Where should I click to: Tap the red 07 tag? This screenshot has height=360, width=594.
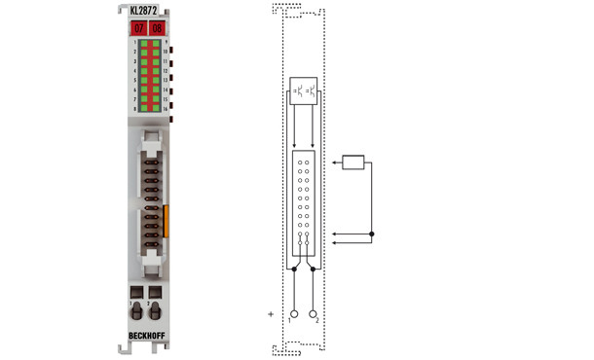[x=138, y=28]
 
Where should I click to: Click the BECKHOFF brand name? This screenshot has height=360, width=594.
[x=148, y=337]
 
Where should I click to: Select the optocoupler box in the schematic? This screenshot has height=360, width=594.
[x=303, y=91]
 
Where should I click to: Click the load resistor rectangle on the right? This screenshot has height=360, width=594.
[x=353, y=162]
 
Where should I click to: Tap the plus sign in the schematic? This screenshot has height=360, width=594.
[x=271, y=314]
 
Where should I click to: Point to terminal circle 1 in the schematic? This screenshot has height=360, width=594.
[x=293, y=314]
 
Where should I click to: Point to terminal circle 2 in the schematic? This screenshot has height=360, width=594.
[x=314, y=314]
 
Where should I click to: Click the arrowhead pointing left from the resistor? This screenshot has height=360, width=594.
[x=334, y=162]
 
